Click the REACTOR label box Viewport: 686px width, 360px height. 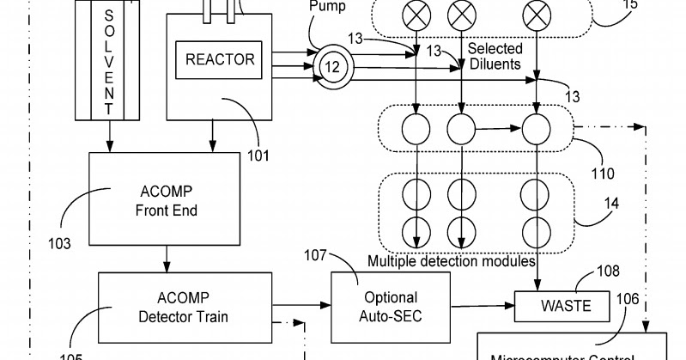[x=221, y=60]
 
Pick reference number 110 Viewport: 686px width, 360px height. [x=602, y=174]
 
